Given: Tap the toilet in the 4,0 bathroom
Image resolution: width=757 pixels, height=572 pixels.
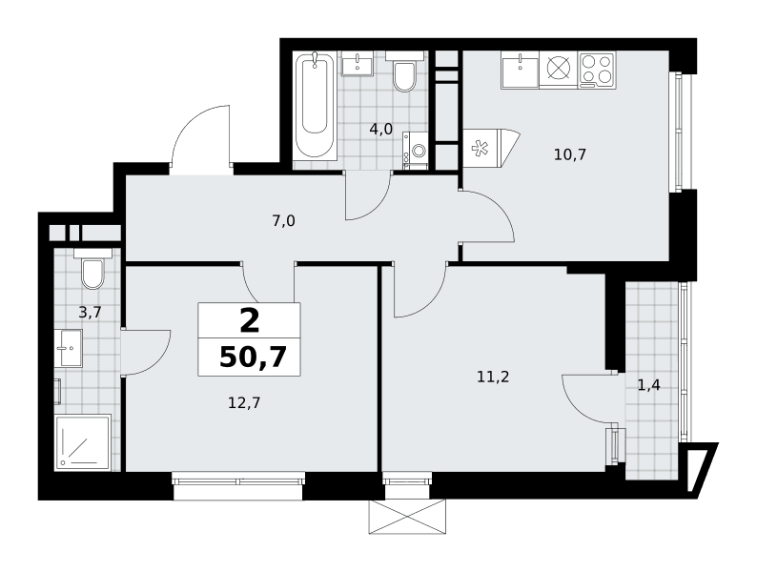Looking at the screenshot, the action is pos(404,71).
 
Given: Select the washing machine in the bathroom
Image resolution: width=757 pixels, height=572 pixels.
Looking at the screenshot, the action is pos(415,150).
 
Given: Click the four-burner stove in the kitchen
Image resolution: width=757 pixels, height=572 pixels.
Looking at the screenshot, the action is pos(597,70).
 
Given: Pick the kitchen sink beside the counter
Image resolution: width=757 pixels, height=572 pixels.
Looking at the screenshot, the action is pos(520,70).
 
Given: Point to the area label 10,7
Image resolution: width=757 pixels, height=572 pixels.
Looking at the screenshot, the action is pos(570,155).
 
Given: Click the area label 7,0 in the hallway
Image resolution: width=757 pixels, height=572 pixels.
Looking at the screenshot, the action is pos(283,221).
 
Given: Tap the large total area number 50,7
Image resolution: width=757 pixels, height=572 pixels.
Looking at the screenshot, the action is pos(253,357).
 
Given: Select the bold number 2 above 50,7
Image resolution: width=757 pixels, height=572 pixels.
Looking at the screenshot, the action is pos(250,321).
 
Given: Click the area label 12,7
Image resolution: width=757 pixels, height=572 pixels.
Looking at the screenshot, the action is pos(244,402).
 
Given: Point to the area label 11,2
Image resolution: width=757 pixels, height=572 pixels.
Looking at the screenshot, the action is pos(493,377).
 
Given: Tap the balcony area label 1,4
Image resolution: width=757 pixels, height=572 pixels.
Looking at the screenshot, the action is pos(649,385).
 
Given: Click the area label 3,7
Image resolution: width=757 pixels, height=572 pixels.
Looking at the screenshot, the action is pos(90,313).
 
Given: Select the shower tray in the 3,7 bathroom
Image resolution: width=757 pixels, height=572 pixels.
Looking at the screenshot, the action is pos(83,441).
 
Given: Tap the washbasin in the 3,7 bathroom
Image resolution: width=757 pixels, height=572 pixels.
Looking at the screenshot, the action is pos(69,348).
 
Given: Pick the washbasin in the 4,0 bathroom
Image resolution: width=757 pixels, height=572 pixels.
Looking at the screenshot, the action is pos(358,63).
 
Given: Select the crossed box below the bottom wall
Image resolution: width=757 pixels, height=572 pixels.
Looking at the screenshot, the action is pos(407,517).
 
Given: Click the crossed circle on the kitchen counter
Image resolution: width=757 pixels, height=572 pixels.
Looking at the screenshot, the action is pos(559,68).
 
